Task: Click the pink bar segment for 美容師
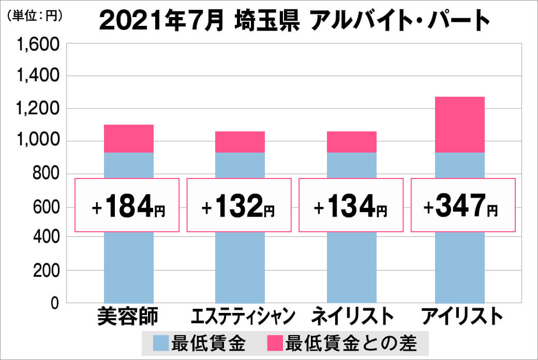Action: click(x=129, y=139)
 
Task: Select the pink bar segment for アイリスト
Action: click(x=460, y=125)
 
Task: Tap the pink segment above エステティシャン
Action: click(x=240, y=142)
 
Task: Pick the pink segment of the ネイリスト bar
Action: click(x=352, y=142)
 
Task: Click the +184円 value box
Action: click(x=127, y=205)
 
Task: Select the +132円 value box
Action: click(x=239, y=205)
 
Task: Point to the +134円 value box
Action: click(x=351, y=205)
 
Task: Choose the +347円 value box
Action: click(x=463, y=205)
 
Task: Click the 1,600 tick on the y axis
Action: click(x=39, y=45)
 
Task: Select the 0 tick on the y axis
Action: click(x=55, y=303)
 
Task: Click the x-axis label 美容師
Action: click(x=128, y=316)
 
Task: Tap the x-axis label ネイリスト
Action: click(x=352, y=316)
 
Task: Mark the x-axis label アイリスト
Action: click(x=462, y=316)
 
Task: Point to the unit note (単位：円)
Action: click(x=35, y=16)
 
